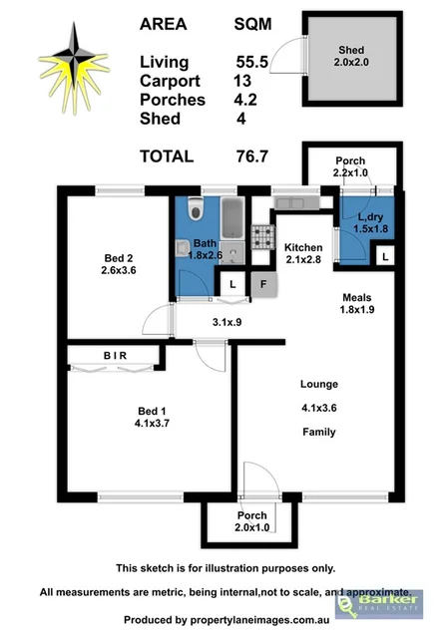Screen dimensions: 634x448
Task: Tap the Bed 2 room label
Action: tap(118, 262)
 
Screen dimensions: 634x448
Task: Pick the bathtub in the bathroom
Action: tap(231, 217)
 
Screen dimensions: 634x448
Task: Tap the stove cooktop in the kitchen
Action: tap(263, 236)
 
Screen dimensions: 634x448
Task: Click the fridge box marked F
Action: tap(261, 284)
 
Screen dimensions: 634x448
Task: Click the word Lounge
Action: tap(320, 385)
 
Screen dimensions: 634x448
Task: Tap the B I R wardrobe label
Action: tap(116, 355)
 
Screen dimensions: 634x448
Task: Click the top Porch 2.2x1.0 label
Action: tap(349, 167)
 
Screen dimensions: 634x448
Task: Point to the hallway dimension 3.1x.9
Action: tap(228, 322)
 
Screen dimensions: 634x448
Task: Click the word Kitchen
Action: tap(302, 247)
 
